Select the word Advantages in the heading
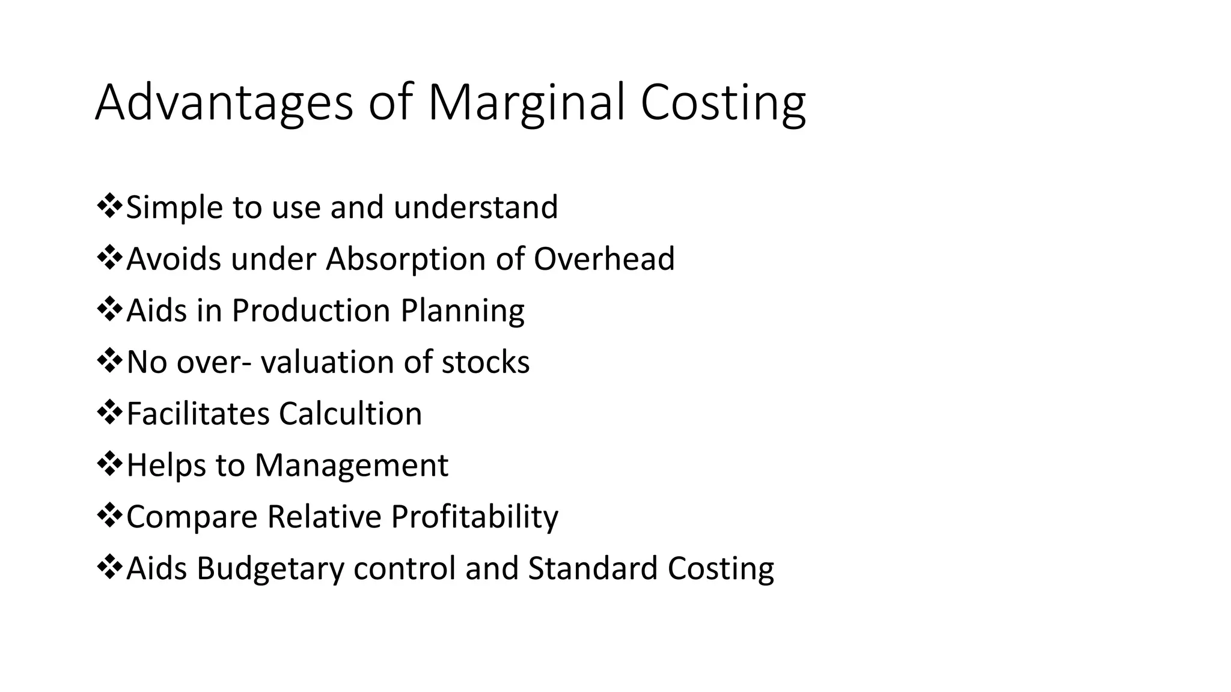point(224,103)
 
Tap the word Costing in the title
point(722,103)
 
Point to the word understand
point(475,207)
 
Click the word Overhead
point(604,259)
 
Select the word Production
point(311,311)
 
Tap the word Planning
point(462,311)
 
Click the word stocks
point(486,362)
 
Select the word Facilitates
point(198,414)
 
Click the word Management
point(351,466)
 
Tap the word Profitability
point(474,517)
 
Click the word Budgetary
point(270,568)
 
